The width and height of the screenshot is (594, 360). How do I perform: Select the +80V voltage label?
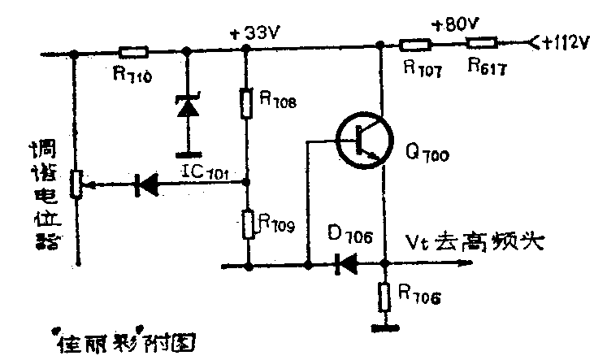coord(457,24)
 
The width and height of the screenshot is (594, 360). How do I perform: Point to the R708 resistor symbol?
coord(246,103)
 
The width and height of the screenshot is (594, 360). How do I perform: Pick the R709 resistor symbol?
coord(246,223)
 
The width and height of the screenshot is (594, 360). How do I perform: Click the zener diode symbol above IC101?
coord(189,107)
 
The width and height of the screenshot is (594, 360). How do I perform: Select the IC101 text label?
coord(204,173)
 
